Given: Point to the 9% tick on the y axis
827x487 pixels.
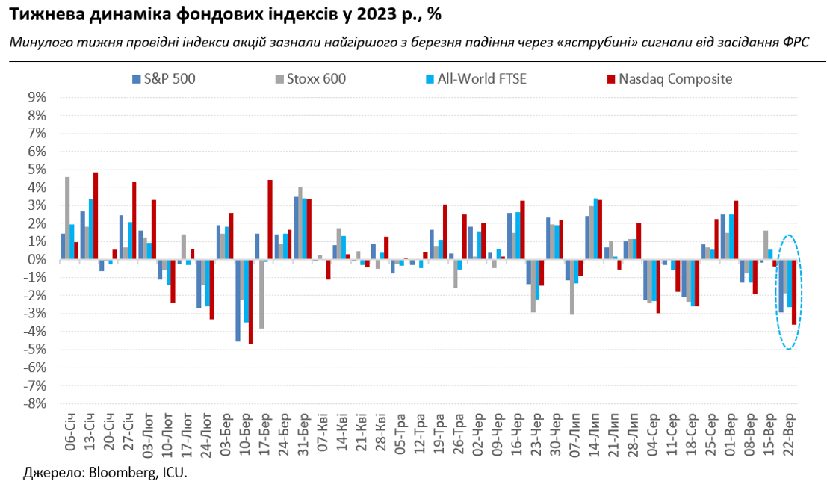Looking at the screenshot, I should (37, 97).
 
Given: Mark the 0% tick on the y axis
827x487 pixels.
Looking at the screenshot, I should (37, 259).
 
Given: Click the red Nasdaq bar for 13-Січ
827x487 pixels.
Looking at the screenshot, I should (96, 216).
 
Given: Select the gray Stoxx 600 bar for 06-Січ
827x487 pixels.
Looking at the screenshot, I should (67, 218).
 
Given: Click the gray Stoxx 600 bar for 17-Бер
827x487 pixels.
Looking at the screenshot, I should (261, 294).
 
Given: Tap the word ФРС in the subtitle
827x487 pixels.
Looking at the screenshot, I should (795, 43).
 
